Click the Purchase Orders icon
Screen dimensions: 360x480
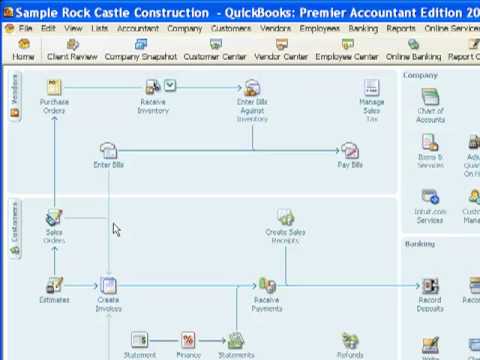click(x=54, y=88)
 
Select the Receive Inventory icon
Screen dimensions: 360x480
click(x=153, y=88)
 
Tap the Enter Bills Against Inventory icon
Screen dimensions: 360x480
click(x=252, y=88)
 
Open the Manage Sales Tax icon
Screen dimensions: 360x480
click(x=372, y=88)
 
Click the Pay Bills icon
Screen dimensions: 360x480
click(x=350, y=151)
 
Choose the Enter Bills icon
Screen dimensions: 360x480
click(x=108, y=151)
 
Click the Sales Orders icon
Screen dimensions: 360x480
click(x=54, y=218)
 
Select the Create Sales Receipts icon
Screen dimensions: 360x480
click(x=285, y=218)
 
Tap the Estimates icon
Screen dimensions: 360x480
click(x=54, y=286)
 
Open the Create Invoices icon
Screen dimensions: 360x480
click(x=108, y=286)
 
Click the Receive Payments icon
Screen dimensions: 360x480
click(x=266, y=286)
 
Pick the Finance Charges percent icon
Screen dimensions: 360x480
click(x=188, y=341)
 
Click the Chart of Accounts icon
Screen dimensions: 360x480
click(x=430, y=97)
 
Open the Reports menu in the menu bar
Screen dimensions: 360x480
click(x=401, y=29)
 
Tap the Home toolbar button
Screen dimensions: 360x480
click(x=23, y=50)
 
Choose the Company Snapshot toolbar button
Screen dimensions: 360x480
click(x=140, y=50)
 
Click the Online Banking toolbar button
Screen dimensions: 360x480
click(x=412, y=50)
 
